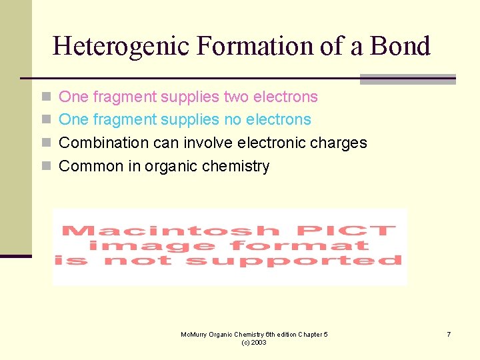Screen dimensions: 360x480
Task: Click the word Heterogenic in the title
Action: [119, 46]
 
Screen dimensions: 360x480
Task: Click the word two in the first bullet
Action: [236, 97]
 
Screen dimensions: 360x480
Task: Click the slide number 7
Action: [449, 333]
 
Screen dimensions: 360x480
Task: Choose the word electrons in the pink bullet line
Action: [285, 97]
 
